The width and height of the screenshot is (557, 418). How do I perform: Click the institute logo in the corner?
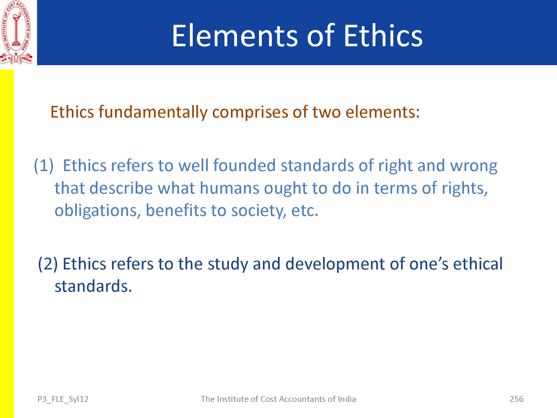[x=16, y=33]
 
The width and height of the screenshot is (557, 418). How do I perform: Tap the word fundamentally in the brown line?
[x=153, y=112]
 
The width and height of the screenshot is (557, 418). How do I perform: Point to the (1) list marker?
[x=44, y=166]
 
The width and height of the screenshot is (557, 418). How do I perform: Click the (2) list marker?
[x=48, y=264]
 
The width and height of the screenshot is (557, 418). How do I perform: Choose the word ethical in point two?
[x=478, y=264]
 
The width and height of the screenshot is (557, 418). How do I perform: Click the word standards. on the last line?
[x=93, y=286]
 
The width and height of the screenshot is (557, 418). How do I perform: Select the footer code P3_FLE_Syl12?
[x=63, y=399]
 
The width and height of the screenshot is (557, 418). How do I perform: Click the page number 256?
[x=516, y=399]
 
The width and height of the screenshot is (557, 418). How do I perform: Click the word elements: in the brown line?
[x=382, y=112]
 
